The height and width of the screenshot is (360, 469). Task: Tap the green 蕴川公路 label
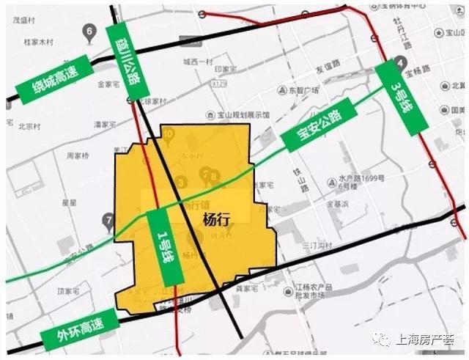click(123, 58)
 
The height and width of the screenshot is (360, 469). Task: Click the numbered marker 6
click(89, 32)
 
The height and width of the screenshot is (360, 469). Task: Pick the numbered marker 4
click(401, 63)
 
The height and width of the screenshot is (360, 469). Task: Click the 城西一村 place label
click(197, 62)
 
